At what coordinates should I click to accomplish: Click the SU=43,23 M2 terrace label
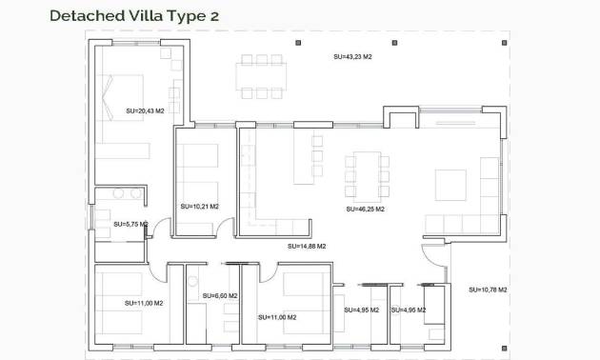[x=352, y=57]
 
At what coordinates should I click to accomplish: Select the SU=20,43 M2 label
[x=145, y=111]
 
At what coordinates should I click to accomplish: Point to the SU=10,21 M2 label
[x=199, y=206]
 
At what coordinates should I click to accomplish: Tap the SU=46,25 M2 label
[x=365, y=209]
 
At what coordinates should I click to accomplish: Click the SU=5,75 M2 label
[x=129, y=224]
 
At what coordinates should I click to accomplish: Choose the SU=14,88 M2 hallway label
[x=307, y=246]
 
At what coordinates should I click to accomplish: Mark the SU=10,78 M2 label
[x=488, y=289]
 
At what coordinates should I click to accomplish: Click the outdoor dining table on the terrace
[x=261, y=76]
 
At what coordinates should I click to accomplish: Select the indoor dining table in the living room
[x=368, y=174]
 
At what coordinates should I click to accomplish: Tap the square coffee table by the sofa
[x=450, y=184]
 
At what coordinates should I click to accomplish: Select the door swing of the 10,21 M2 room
[x=223, y=228]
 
